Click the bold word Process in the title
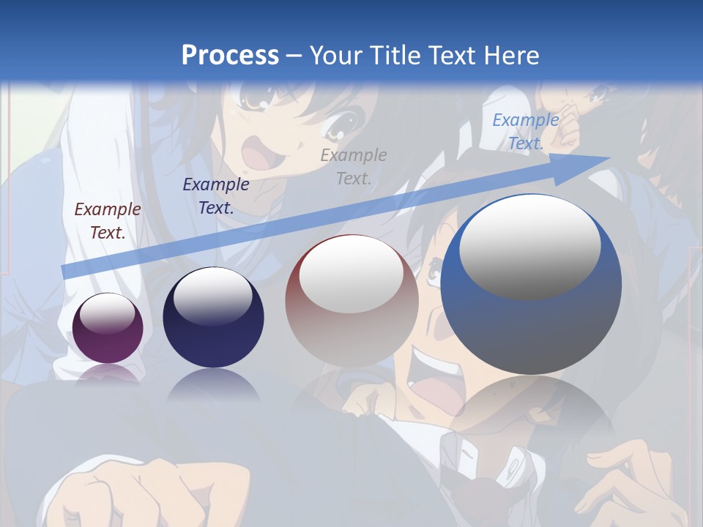[x=230, y=55]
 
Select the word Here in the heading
[x=511, y=55]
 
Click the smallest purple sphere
[x=108, y=328]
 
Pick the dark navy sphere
[x=213, y=318]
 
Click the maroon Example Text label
[x=108, y=221]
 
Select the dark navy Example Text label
[x=215, y=195]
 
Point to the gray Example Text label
[x=353, y=166]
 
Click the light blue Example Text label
[x=525, y=132]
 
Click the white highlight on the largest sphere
[x=529, y=247]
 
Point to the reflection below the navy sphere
[x=213, y=384]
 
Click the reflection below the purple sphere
[x=108, y=374]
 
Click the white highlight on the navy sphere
[x=213, y=296]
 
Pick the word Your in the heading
[x=337, y=55]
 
